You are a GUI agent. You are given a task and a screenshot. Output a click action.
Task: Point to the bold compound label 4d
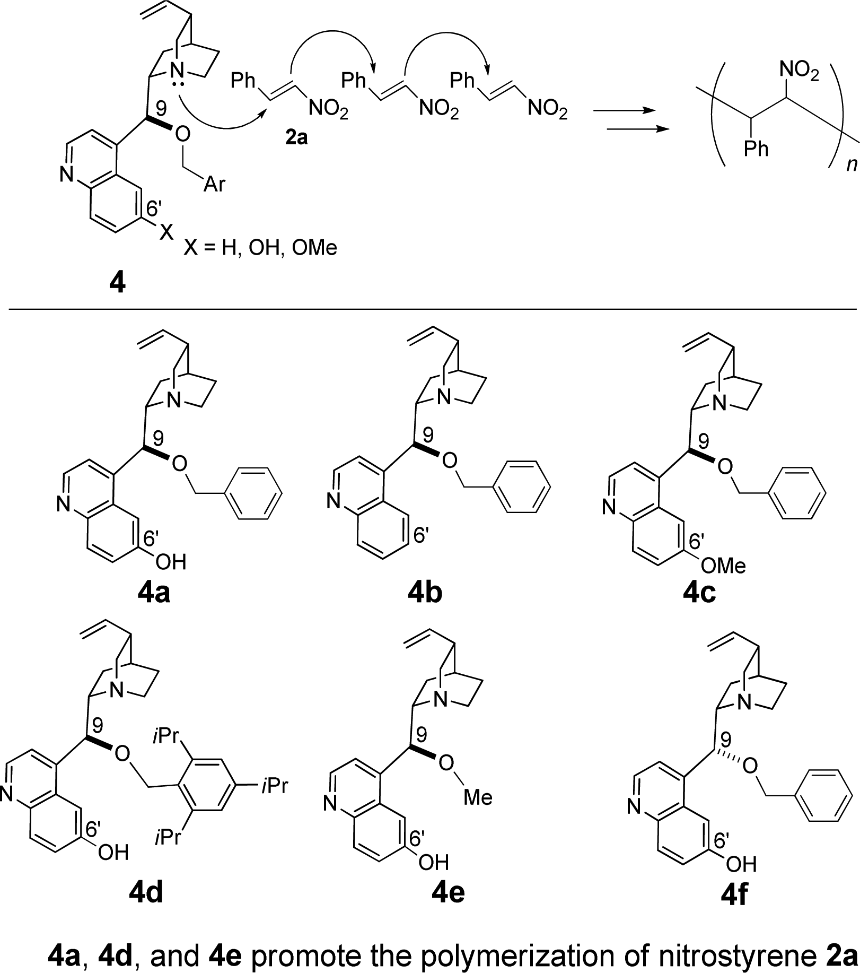pyautogui.click(x=146, y=893)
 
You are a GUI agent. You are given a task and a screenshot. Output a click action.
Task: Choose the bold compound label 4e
pyautogui.click(x=448, y=893)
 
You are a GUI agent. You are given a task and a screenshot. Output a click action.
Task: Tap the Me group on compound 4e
pyautogui.click(x=478, y=797)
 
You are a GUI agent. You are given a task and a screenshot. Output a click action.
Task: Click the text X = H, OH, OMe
pyautogui.click(x=260, y=247)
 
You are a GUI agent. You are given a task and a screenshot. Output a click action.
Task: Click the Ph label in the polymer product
pyautogui.click(x=756, y=149)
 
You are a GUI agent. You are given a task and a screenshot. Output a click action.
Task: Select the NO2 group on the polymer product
pyautogui.click(x=798, y=71)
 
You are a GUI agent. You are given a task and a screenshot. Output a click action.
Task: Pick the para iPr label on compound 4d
pyautogui.click(x=274, y=785)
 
